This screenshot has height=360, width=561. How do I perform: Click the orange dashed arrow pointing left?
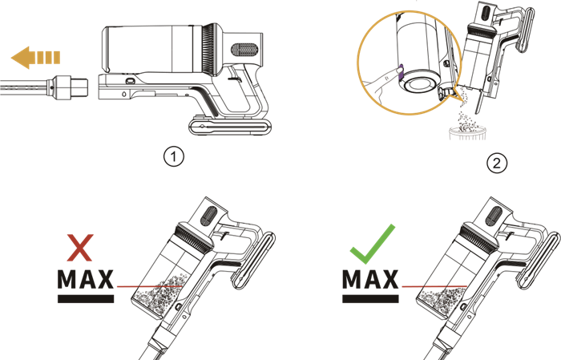tap(36, 58)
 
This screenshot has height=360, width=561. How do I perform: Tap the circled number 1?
tap(174, 156)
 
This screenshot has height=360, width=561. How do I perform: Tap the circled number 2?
tap(497, 164)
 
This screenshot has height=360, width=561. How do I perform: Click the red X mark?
tap(80, 248)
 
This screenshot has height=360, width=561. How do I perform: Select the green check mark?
tap(373, 244)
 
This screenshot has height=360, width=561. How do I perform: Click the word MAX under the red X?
tap(86, 280)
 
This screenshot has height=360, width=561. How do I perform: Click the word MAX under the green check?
tap(370, 280)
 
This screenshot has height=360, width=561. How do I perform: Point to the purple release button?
tap(401, 71)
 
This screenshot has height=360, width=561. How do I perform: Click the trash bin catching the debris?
tap(467, 132)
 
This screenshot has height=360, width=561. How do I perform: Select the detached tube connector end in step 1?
tap(70, 88)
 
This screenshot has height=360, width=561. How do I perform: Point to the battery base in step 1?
tap(230, 127)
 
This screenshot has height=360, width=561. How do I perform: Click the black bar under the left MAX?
tap(86, 299)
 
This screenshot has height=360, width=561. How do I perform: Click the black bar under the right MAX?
tap(370, 299)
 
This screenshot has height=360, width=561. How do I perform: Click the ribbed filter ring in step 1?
tap(209, 49)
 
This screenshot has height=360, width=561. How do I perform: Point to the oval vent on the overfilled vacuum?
tap(209, 216)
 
